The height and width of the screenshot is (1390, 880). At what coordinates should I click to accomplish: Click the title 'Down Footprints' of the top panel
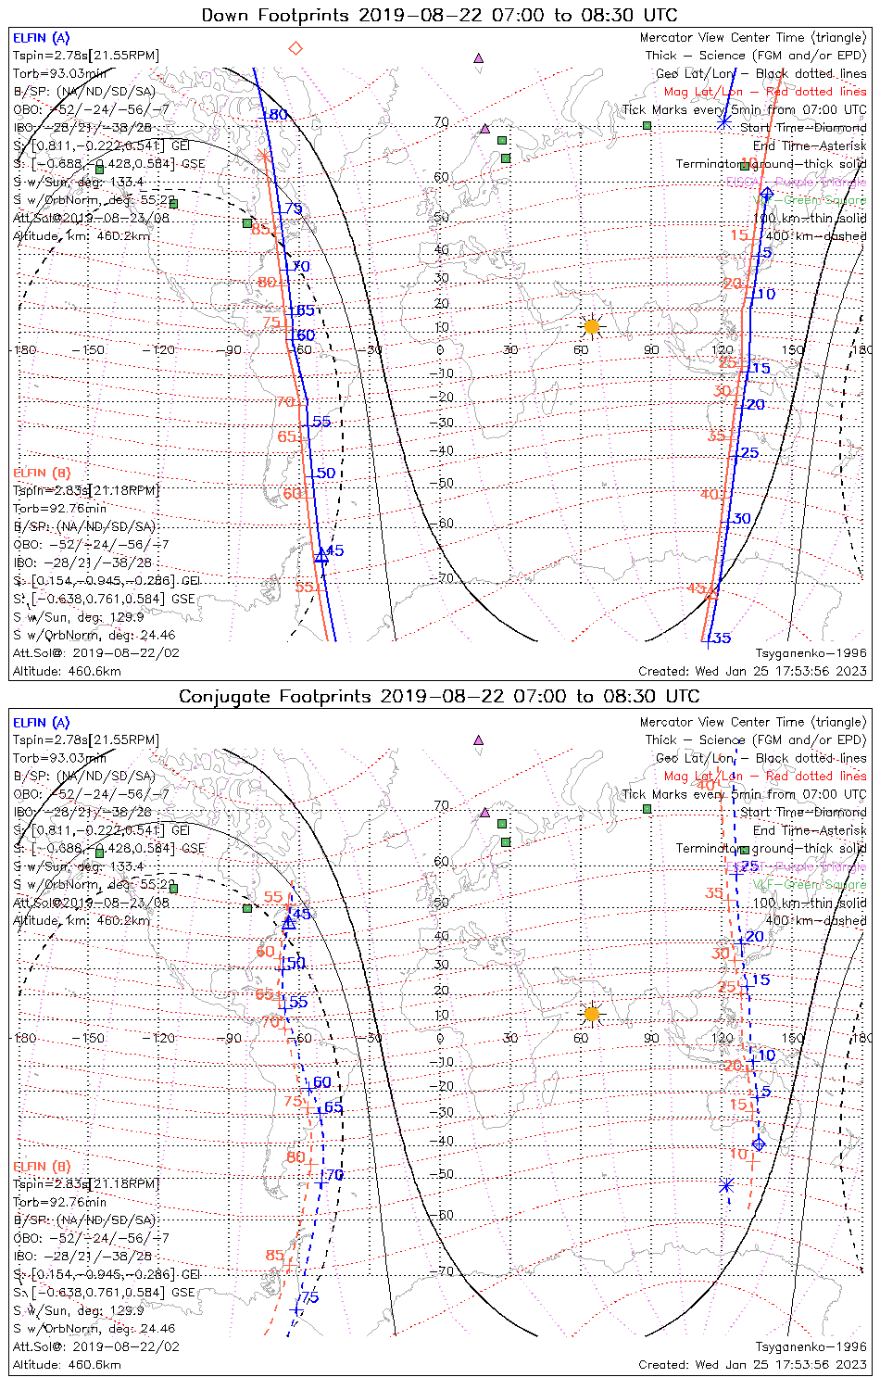pos(279,15)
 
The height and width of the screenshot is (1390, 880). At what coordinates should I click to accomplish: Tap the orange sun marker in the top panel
pos(592,326)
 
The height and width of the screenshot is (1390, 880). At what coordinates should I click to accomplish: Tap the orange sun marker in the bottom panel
pos(592,1014)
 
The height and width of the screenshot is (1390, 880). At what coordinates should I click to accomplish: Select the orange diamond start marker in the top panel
pos(295,48)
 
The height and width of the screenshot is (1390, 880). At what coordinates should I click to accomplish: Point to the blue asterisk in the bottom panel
pos(726,1185)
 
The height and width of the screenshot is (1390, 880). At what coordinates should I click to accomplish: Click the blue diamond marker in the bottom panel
pos(759,1144)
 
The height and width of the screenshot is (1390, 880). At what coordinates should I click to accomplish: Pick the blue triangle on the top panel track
pos(321,557)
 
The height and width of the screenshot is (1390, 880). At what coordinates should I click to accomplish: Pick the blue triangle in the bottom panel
pos(289,922)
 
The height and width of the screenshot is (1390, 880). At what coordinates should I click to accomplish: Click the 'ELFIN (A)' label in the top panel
pos(42,38)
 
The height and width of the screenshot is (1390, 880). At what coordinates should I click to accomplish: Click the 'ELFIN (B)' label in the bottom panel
pos(42,1166)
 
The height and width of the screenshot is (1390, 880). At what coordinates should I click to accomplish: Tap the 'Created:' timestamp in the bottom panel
pos(752,1365)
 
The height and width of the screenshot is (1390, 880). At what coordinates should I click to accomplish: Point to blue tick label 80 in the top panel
pos(278,115)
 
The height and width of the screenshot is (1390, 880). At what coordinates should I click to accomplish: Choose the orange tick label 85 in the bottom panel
pos(274,1256)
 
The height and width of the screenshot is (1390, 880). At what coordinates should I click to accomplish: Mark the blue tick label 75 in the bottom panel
pos(309,1297)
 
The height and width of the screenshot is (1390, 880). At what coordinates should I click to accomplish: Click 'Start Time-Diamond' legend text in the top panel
pos(803,128)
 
